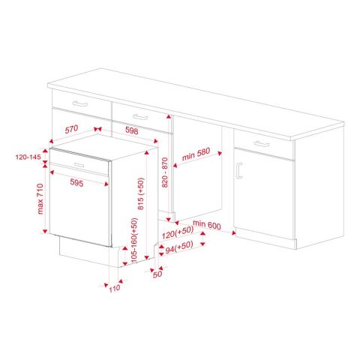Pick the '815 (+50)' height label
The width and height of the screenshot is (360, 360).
(x=141, y=193)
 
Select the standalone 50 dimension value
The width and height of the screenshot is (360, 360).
(x=157, y=274)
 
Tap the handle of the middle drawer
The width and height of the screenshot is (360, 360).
(x=139, y=117)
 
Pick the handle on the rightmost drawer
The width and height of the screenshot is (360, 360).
(x=260, y=142)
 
